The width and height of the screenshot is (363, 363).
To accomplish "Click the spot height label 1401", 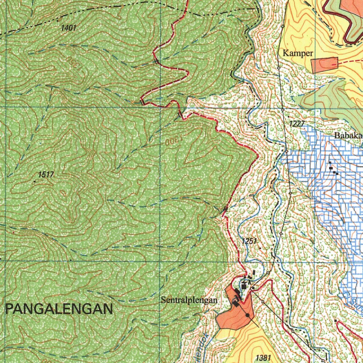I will coord(69,28).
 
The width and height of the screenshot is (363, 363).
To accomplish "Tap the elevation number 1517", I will coord(46,174).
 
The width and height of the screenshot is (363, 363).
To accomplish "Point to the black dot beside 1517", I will coord(35,181).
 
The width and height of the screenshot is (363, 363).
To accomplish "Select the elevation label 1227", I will coord(297,123).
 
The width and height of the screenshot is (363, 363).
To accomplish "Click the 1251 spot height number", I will coord(249,241).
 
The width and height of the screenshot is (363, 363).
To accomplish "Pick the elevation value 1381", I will coord(263,358).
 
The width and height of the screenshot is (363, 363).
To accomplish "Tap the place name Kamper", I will coord(298,54).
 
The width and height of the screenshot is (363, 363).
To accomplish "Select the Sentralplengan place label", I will coord(189,301).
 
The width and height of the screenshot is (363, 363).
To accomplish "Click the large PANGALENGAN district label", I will coord(59,309).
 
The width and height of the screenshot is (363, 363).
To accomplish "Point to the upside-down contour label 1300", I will coord(173,141).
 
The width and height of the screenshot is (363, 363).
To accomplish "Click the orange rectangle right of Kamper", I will coord(324,65).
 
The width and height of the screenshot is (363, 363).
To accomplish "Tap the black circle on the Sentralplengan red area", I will coord(247,315).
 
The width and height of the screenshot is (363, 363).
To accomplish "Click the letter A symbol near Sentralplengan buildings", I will coord(250,283).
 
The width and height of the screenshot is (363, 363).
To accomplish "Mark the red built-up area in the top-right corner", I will coord(353,11).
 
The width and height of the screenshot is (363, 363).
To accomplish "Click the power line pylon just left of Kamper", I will coord(279,67).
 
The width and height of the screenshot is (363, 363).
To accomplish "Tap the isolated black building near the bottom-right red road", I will coord(335,320).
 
